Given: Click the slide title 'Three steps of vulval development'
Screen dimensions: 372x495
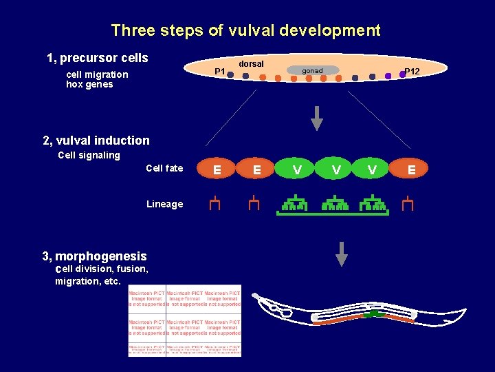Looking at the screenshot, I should coord(245,31).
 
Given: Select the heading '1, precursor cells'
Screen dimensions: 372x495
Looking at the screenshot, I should coord(97,58).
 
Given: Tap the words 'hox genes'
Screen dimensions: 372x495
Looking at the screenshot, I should coord(89,85).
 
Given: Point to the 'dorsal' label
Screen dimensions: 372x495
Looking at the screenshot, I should coord(251,64).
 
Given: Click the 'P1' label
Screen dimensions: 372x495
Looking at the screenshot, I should coord(219,72).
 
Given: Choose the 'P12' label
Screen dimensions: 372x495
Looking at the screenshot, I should coord(412,72).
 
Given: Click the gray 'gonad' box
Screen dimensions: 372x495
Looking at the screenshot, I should coord(312,70).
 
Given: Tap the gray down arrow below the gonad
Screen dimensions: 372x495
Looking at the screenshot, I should coord(316,118).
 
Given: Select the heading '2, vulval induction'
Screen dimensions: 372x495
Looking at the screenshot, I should coord(96,141).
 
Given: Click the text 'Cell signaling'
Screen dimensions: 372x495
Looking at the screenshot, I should coord(89,156).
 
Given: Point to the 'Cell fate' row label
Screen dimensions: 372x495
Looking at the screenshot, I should coord(164,169).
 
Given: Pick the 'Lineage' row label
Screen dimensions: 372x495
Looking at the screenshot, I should coord(164,204).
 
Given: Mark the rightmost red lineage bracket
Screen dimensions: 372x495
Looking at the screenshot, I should coord(408,203).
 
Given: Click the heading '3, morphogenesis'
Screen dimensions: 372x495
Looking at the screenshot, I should coord(94,256).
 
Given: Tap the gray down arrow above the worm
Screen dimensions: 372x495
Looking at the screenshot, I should coord(341,254).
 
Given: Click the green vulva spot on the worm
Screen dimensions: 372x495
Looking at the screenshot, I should coord(372,314).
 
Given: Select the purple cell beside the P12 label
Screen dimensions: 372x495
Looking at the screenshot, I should coord(402,74).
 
